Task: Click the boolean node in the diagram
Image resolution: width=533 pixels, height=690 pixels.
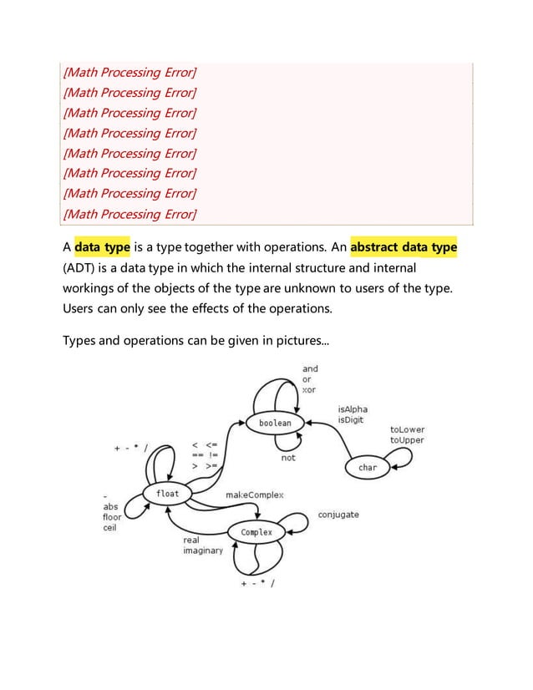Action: tap(275, 424)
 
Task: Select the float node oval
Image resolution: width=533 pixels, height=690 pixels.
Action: tap(167, 494)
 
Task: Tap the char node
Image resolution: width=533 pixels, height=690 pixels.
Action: tap(368, 468)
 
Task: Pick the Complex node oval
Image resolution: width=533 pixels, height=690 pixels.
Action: tap(256, 532)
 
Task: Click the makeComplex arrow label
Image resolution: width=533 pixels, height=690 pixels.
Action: tap(255, 495)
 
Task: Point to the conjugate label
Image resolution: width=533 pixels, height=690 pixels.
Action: tap(338, 515)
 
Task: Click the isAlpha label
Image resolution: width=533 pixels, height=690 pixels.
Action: tap(353, 409)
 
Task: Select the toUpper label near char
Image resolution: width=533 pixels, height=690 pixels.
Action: tap(407, 440)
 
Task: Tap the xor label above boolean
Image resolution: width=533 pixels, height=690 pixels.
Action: tap(309, 390)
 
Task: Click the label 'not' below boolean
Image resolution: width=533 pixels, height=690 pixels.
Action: tap(288, 457)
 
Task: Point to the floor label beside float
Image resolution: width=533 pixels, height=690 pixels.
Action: tap(112, 516)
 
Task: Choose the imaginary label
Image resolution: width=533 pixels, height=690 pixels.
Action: tap(203, 551)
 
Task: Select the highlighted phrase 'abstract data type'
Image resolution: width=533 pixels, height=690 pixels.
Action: tap(404, 248)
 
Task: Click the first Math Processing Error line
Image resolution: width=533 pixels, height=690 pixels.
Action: tap(129, 73)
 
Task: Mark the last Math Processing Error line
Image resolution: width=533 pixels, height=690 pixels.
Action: tap(129, 214)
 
